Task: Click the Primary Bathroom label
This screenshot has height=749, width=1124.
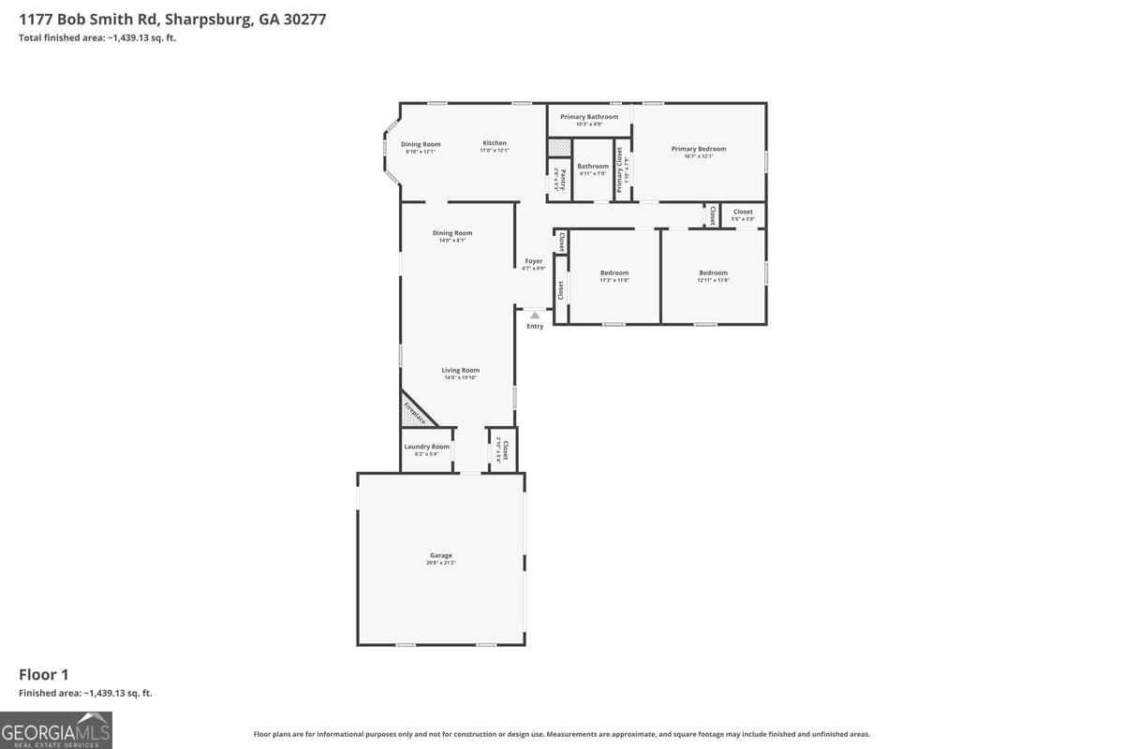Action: (589, 117)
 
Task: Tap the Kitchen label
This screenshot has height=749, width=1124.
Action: (495, 143)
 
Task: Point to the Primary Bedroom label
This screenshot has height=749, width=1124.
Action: (699, 149)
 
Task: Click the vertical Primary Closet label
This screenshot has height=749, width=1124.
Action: (619, 169)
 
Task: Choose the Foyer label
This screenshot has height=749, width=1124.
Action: (534, 261)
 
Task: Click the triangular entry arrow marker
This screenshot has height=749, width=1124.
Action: (535, 316)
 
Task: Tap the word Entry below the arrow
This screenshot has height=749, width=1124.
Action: (535, 327)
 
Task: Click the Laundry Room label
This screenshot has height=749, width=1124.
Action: (427, 447)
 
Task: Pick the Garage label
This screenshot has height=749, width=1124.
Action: (441, 555)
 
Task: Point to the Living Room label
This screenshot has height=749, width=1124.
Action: (461, 371)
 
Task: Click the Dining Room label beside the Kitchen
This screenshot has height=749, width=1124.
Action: (421, 144)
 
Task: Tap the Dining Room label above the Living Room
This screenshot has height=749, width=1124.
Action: (452, 233)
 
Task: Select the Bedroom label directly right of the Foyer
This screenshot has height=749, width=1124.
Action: (614, 273)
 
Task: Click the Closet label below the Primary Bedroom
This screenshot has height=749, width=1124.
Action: (743, 212)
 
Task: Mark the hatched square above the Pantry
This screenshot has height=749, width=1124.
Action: (559, 147)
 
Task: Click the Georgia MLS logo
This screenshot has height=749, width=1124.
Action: (56, 730)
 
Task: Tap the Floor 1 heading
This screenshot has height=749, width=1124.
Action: (44, 674)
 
